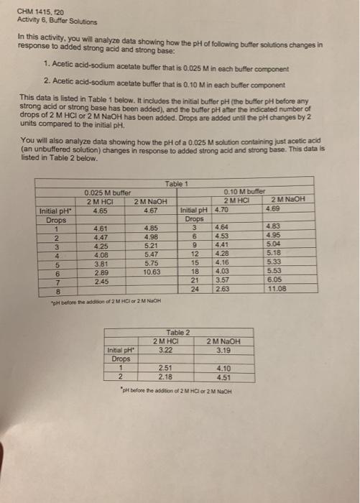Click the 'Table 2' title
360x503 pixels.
coord(176,332)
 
